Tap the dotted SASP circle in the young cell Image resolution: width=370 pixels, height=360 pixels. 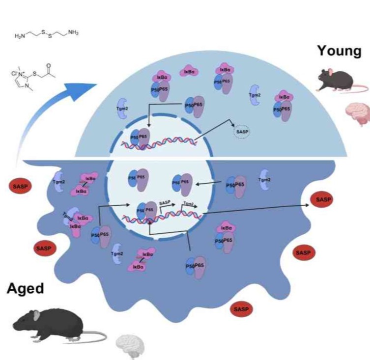coord(240,134)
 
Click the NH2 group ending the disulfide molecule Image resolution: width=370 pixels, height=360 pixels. coord(72,33)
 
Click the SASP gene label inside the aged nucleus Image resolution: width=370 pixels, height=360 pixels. coord(165,203)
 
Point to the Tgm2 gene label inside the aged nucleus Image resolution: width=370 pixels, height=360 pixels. coord(187,203)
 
